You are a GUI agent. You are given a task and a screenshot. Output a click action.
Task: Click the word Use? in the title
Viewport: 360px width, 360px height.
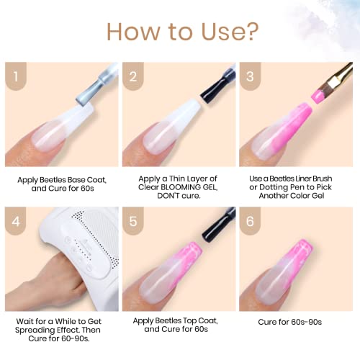point(230,32)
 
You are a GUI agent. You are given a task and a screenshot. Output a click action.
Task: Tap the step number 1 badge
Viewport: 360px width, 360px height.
point(16,76)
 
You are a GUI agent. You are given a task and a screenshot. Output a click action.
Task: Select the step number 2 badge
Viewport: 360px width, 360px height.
point(133,76)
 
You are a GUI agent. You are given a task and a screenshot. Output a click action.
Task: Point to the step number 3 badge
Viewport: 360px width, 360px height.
point(250,76)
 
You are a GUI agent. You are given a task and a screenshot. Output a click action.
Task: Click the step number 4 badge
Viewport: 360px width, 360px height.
point(16,221)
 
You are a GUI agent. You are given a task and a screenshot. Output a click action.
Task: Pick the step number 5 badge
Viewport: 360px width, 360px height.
point(133,221)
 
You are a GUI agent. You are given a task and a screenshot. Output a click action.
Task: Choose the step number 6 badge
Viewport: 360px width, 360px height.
point(250,221)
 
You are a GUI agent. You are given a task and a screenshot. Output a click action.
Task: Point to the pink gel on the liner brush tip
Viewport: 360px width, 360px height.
point(318,95)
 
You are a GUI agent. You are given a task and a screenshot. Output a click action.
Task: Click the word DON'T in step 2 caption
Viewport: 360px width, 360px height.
point(168,196)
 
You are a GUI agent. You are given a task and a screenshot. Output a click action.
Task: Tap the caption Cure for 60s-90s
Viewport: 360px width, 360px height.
point(289,322)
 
